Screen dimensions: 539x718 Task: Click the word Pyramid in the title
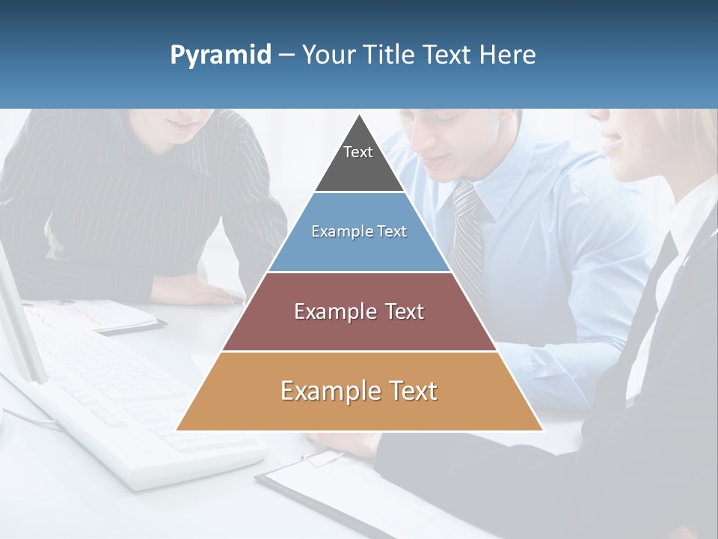pos(220,55)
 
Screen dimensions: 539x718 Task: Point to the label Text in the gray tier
pos(358,152)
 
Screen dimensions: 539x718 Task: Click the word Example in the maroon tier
pos(328,311)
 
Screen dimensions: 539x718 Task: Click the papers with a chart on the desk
pos(97,314)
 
